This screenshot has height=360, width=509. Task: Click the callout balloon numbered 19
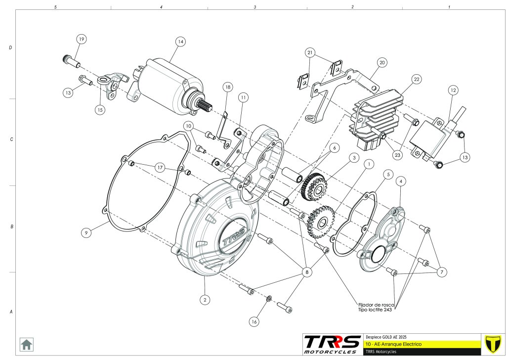tap(81, 39)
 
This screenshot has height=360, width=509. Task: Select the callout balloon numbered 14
tap(180, 42)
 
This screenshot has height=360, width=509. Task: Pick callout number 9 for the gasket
tap(87, 232)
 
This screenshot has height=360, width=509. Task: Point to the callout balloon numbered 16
tap(254, 321)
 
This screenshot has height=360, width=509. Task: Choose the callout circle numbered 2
tap(205, 299)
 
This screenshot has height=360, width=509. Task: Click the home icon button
tap(26, 344)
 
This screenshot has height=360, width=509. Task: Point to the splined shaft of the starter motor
tap(206, 105)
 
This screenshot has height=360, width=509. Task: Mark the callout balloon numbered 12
tap(453, 90)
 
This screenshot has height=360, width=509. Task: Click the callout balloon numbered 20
tap(382, 63)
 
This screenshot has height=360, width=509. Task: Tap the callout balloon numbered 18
tap(227, 87)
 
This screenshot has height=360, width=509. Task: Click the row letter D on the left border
tap(10, 48)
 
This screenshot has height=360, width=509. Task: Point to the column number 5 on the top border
tap(55, 7)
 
